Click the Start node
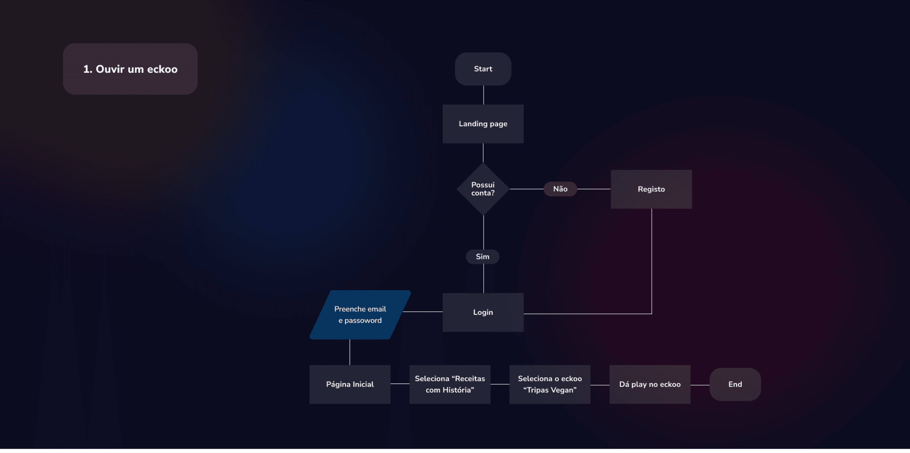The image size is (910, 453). click(x=483, y=69)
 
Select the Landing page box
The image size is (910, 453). click(x=483, y=124)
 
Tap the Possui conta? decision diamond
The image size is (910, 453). click(x=483, y=189)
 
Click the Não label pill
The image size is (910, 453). click(x=560, y=189)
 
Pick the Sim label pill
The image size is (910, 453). click(x=483, y=257)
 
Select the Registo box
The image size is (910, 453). click(x=651, y=189)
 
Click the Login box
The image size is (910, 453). click(x=483, y=312)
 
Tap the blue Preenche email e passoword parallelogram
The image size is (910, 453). click(x=360, y=315)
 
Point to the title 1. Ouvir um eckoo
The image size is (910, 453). click(x=130, y=69)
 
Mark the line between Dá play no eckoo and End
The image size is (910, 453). click(x=700, y=385)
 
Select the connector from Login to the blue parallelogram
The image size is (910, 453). click(x=423, y=312)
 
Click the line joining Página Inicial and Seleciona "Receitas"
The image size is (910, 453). click(x=400, y=384)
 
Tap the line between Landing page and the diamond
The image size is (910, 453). click(x=483, y=153)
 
